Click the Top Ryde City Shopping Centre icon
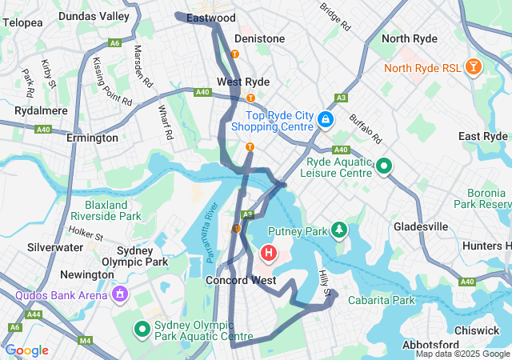point(326,120)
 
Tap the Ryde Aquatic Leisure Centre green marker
point(384,166)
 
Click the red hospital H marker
point(269,254)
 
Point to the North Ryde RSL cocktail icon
point(474,67)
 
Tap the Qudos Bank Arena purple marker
point(121,294)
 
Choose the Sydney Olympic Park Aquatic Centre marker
point(142,329)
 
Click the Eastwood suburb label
point(210,18)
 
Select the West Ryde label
point(243,82)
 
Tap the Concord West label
point(241,280)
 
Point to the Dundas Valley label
point(94,16)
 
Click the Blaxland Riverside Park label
point(106,210)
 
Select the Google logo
point(26,350)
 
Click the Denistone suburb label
point(259,38)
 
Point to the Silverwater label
point(54,248)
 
